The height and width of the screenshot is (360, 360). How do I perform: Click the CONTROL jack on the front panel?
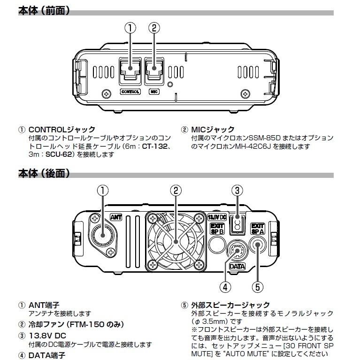130,70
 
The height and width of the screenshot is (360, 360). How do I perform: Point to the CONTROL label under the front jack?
130,92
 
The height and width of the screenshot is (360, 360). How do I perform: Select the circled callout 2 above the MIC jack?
154,28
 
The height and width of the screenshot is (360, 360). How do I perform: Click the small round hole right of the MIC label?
170,85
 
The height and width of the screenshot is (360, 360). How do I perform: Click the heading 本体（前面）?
44,10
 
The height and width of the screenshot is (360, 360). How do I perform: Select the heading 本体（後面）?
44,174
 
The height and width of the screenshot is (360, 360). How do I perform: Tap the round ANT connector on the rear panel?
102,233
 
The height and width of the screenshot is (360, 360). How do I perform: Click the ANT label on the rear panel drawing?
116,217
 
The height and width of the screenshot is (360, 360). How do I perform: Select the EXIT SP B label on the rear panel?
216,229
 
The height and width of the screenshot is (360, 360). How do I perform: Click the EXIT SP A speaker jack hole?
258,244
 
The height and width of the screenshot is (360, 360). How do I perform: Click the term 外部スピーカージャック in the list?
230,305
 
